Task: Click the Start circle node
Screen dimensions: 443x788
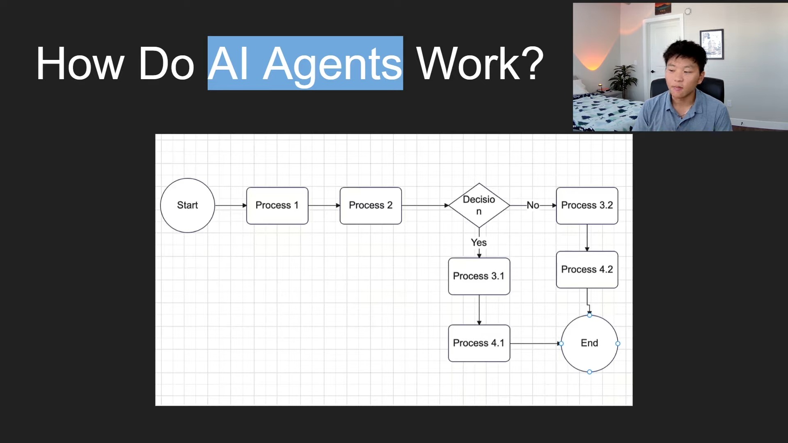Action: tap(187, 205)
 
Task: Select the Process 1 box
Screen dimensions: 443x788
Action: tap(277, 206)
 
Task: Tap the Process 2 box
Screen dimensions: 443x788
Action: tap(371, 206)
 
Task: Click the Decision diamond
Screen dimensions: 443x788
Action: tap(479, 205)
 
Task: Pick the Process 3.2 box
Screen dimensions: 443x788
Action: tap(587, 206)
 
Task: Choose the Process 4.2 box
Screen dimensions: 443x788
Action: tap(587, 269)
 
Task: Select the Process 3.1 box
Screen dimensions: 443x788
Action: tap(479, 276)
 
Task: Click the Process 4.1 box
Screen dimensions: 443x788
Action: tap(479, 343)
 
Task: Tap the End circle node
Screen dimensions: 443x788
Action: tap(589, 343)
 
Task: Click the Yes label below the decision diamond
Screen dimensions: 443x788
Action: tap(479, 242)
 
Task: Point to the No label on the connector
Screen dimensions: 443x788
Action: tap(533, 205)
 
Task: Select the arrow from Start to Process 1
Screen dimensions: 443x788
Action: tap(230, 206)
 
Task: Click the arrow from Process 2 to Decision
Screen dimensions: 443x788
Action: tap(425, 206)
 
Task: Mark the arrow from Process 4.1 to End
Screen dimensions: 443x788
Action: tap(535, 343)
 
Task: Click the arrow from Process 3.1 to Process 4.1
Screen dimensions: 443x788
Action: tap(479, 310)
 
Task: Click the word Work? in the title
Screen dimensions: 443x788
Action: tap(480, 64)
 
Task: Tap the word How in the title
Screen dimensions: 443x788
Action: tap(80, 64)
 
